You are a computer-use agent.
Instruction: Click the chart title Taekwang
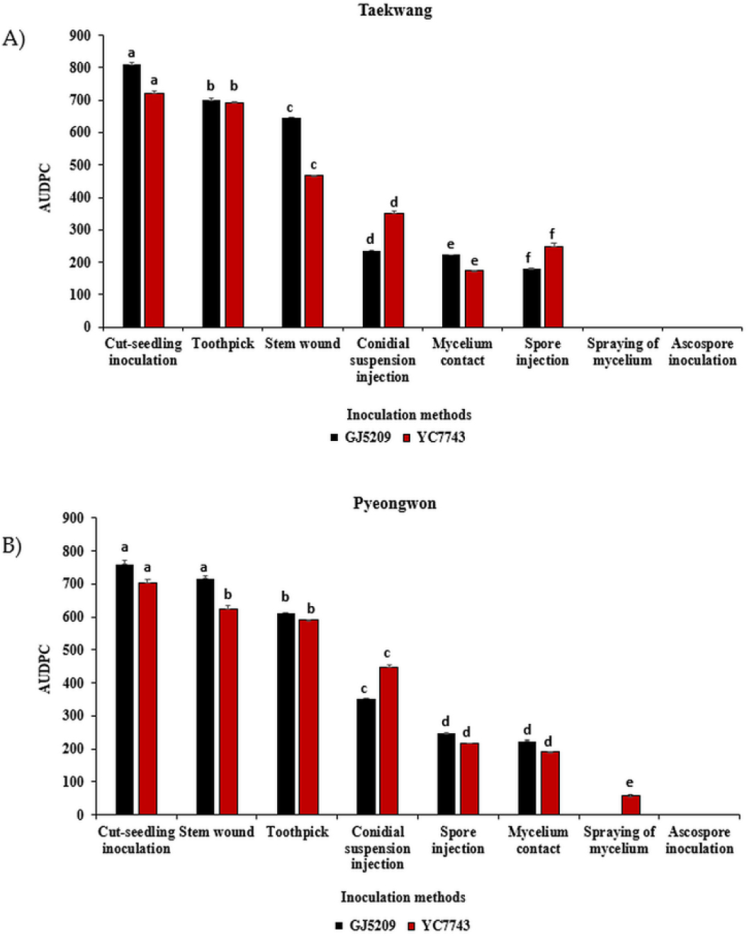pos(395,11)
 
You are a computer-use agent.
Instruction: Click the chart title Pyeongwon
pos(395,504)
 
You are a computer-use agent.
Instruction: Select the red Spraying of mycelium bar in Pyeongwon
pos(631,805)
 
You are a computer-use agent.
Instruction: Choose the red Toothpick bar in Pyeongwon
pos(309,717)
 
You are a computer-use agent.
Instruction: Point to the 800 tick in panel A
pos(80,68)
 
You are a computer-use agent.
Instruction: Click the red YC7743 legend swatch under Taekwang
pos(407,438)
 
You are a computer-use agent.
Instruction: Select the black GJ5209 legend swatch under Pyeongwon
pos(340,926)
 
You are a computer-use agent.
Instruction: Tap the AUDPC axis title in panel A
pos(45,188)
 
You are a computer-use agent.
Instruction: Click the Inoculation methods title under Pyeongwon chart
pos(402,898)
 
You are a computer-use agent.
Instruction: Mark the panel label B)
pos(13,547)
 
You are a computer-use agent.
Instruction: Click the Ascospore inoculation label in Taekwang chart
pos(702,352)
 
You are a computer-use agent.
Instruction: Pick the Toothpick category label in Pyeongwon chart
pos(298,832)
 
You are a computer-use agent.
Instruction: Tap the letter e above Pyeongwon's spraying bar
pos(630,783)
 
